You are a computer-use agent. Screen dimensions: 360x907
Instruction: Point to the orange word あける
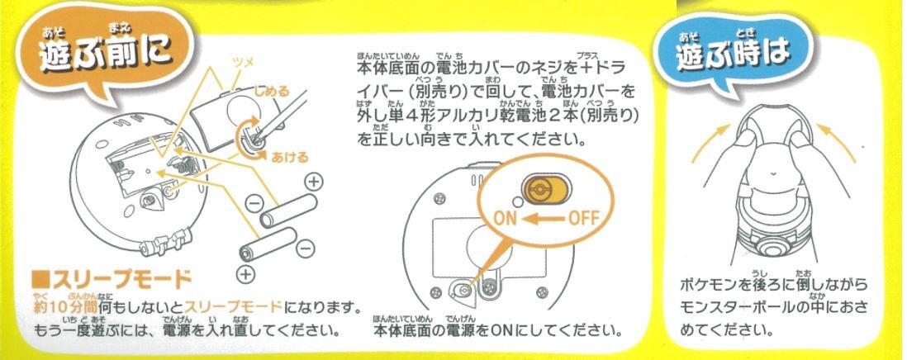[x=290, y=157]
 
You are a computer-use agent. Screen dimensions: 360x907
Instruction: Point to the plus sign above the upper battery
[x=314, y=181]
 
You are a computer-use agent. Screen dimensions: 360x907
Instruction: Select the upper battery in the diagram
[x=288, y=212]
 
